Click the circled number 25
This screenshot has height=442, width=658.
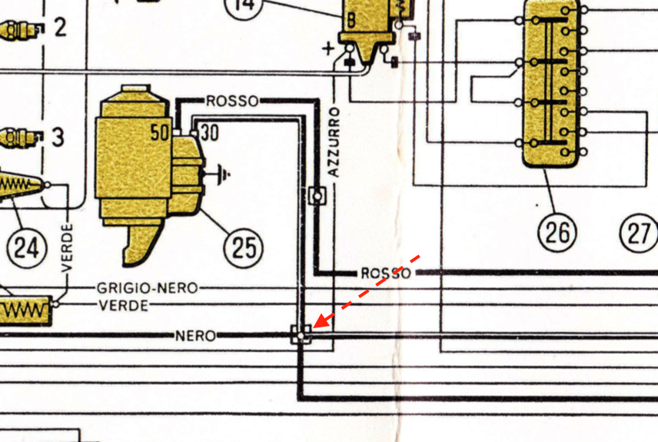tap(244, 247)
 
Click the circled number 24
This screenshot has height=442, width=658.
tap(25, 248)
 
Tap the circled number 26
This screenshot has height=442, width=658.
tap(557, 231)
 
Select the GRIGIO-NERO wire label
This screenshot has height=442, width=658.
tap(147, 288)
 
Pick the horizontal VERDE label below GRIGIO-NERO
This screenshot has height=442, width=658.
tap(124, 305)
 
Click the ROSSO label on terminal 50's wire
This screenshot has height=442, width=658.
tap(232, 101)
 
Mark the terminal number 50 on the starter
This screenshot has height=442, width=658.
tap(160, 133)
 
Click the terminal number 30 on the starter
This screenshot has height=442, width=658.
tap(209, 133)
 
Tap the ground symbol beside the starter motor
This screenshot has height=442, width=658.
tap(224, 174)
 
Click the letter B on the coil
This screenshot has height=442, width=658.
tap(351, 21)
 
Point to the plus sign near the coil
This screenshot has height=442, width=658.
tap(328, 48)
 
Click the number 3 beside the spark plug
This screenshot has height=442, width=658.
tap(58, 139)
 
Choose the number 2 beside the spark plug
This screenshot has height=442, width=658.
tap(59, 28)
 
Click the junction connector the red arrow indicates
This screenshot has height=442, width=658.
tap(301, 335)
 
